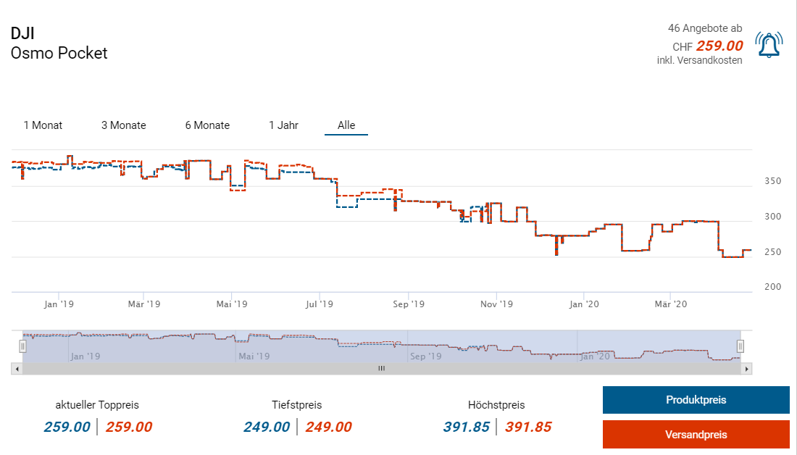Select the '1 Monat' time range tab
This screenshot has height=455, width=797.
pos(43,125)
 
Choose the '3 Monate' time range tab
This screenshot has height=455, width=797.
pos(123,125)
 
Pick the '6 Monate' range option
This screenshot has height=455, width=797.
pos(207,125)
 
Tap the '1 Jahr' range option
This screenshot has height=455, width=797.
pos(283,125)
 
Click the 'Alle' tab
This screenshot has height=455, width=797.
pos(346,125)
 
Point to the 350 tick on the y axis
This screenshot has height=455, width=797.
pos(773,181)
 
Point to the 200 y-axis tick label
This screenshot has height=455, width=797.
pos(773,287)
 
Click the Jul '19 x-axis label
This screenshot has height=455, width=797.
pos(320,304)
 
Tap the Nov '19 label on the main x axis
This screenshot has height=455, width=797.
pos(497,304)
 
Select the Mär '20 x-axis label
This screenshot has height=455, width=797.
pos(672,304)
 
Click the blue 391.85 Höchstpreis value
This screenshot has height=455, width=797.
pos(467,427)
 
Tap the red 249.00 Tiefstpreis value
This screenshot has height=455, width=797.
pos(328,427)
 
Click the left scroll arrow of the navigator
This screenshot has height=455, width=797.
pos(16,369)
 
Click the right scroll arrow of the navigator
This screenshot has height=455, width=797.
pos(747,369)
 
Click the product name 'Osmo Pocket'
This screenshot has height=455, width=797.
pos(59,53)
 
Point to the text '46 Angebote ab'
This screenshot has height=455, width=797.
pos(705,28)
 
